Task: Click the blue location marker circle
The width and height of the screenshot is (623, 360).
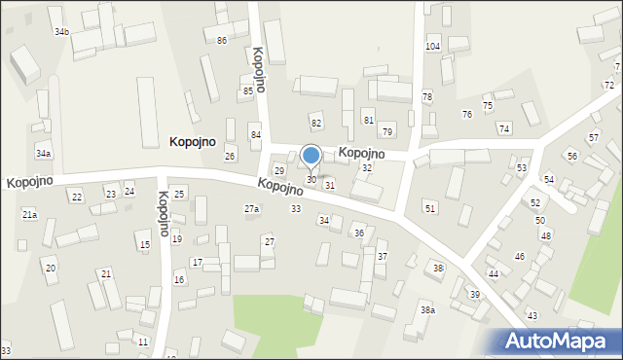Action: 311,155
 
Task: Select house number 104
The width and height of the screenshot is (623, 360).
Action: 433,47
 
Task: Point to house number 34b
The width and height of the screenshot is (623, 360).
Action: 61,32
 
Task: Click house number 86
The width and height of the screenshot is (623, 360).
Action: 222,40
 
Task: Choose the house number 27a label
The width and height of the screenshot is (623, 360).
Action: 251,209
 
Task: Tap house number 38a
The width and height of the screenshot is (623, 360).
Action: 427,309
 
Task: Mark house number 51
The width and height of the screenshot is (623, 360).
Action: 430,208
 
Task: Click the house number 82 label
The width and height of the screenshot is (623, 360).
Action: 315,123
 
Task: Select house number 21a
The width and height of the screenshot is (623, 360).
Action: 29,214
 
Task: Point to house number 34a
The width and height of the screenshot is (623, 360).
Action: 43,154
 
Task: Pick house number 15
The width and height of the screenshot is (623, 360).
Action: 144,245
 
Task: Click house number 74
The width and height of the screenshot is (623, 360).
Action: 503,128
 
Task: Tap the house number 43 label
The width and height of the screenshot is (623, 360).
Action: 531,316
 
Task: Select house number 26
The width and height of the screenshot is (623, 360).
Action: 230,156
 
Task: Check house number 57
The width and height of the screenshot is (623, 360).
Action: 593,139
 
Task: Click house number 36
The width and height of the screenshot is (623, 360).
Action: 358,234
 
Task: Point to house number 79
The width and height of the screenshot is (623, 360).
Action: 386,131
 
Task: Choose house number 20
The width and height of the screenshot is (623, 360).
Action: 50,268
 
